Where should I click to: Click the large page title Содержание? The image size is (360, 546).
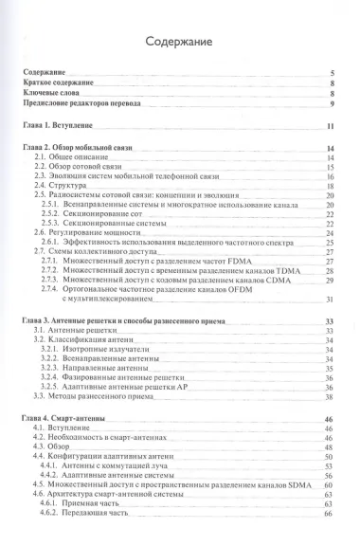[x=179, y=42]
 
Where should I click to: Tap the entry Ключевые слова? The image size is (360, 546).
[x=54, y=94]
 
